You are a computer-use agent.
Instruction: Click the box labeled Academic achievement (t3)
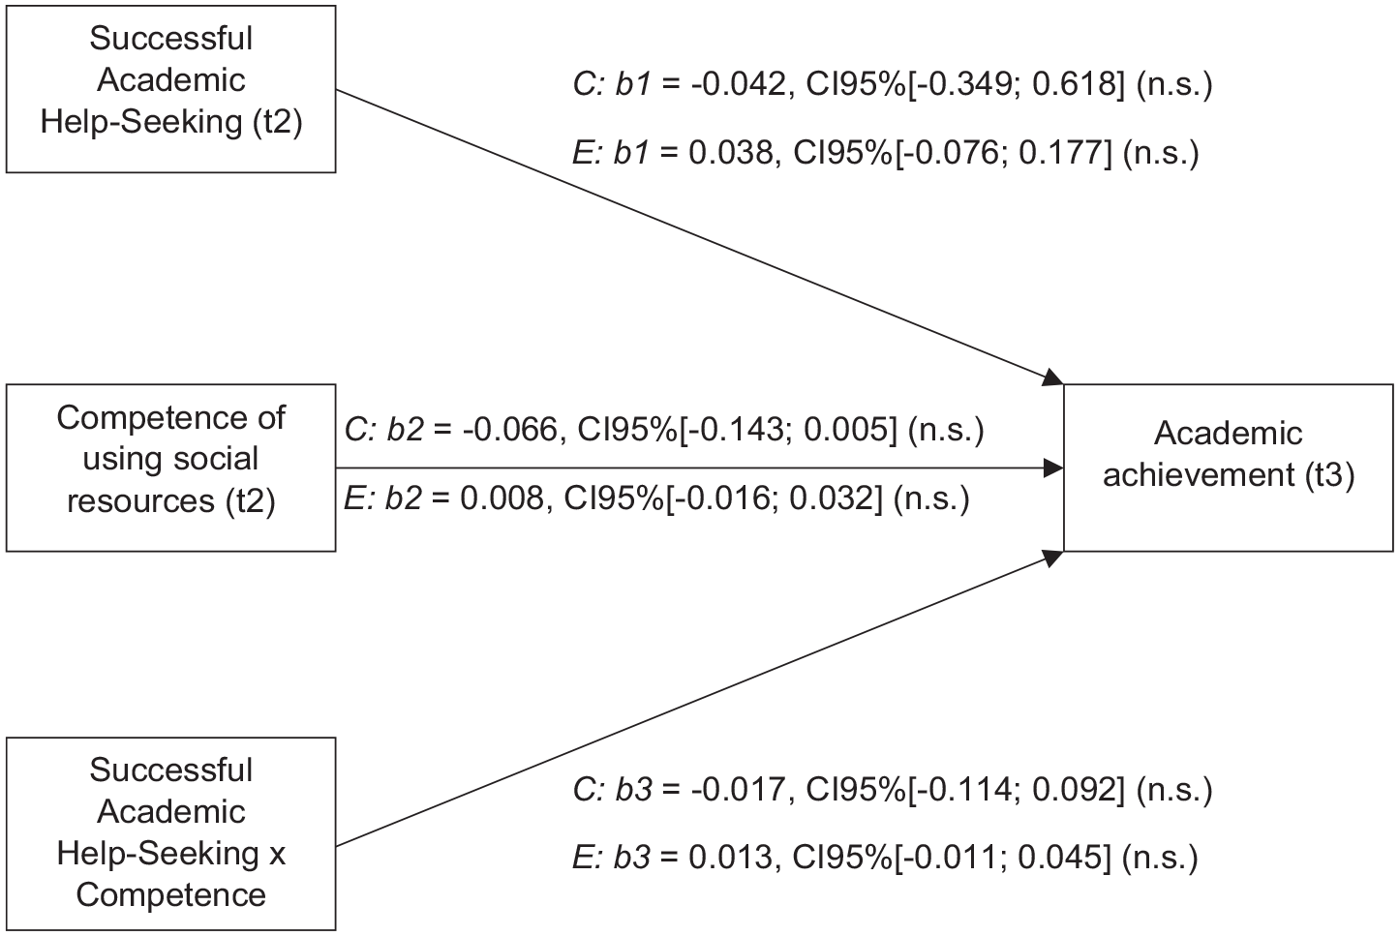[1228, 468]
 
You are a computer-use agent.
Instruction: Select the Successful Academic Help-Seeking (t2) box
[170, 89]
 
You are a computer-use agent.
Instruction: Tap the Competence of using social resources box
[170, 468]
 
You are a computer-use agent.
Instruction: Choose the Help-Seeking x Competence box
[170, 833]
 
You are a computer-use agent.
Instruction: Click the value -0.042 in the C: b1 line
[738, 83]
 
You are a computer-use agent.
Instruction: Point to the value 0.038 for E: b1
[730, 153]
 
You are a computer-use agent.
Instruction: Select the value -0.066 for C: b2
[509, 430]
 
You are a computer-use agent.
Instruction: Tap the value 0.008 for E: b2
[502, 498]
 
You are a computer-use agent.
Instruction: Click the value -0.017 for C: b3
[738, 789]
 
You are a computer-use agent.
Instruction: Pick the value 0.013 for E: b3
[730, 858]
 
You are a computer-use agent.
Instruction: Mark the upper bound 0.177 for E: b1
[1060, 153]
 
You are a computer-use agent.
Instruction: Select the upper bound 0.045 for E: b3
[1059, 858]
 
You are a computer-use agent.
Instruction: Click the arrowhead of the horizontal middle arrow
[1054, 468]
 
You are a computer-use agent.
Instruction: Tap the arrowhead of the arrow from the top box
[1053, 377]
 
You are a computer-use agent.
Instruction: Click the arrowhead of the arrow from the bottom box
[1053, 558]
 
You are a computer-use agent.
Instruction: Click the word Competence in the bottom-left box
[170, 894]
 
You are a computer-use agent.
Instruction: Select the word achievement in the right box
[1198, 474]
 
